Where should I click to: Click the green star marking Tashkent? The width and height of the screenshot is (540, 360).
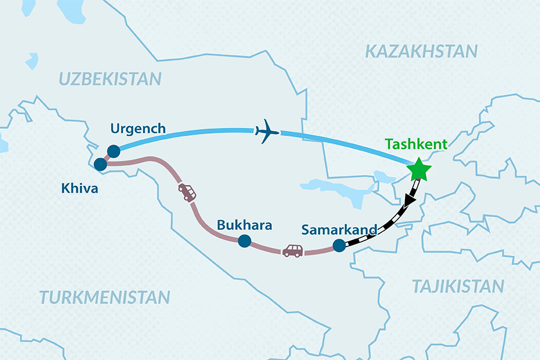click(x=418, y=170)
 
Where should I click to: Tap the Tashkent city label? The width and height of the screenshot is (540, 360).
click(x=417, y=145)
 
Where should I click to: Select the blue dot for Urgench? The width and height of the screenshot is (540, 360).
click(x=113, y=151)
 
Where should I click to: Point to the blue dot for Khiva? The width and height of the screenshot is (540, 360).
click(x=101, y=163)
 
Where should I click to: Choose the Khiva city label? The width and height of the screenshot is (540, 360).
click(x=79, y=188)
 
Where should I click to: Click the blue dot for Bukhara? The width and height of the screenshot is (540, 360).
click(x=244, y=241)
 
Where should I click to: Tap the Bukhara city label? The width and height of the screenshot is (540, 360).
click(x=244, y=226)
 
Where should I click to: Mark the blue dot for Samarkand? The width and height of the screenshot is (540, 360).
click(x=339, y=245)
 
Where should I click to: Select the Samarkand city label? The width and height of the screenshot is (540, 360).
click(x=339, y=230)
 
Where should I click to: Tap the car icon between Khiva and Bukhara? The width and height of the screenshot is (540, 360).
click(x=187, y=192)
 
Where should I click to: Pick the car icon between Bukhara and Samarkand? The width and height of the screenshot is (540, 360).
click(x=293, y=250)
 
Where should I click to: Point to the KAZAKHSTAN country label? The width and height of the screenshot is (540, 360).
click(x=422, y=52)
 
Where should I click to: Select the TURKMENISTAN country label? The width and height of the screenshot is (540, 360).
click(x=104, y=296)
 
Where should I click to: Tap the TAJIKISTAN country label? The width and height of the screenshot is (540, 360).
click(x=457, y=286)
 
